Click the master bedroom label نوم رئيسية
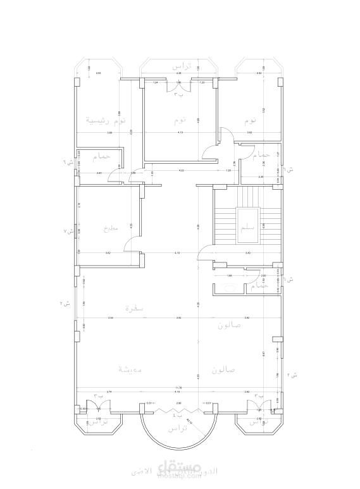click(105, 120)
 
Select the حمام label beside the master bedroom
click(101, 156)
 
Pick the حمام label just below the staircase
click(259, 287)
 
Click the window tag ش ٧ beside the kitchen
click(69, 232)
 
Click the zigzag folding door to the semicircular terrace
click(179, 410)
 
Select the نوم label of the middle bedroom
click(180, 120)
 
